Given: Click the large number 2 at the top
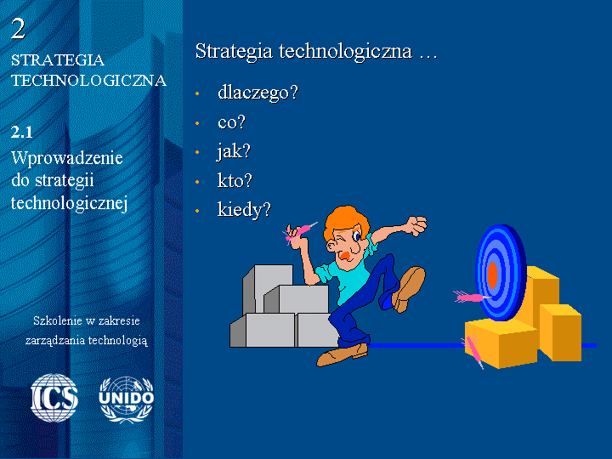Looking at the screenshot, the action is pos(18,29).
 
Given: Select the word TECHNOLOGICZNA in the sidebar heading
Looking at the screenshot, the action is pos(89,81).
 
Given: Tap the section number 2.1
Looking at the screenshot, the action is pos(22,133).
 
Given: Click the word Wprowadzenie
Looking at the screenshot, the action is pos(67,158).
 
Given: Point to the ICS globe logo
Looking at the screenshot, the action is pos(54,398).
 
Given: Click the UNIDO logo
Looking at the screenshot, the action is pos(126,399).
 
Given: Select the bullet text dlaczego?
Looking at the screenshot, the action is pos(258,93).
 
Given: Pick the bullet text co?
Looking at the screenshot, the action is pos(231,122).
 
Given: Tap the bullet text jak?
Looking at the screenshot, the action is pos(234,151).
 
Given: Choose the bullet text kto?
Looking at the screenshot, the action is pos(235,181).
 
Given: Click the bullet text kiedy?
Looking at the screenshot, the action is pos(244,210).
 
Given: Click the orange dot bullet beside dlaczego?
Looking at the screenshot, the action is pos(197,93).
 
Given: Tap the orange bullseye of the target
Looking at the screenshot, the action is pos(492,275).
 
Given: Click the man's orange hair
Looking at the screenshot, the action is pos(345,220).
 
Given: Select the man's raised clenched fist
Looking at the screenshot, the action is pos(416,225).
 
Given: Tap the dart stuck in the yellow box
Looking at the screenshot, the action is pos(473,350).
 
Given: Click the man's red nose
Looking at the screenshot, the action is pos(345,256).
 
